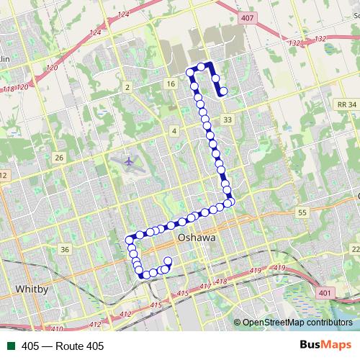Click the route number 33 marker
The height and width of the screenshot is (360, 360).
pos(228,119)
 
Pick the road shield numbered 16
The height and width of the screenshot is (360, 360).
pos(171,85)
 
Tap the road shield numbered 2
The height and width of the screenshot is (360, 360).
pos(127,87)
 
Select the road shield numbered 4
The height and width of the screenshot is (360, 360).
pos(174,130)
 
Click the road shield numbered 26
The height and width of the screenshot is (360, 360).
pos(59,158)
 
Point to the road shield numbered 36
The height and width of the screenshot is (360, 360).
pos(65,249)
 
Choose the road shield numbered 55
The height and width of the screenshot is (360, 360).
pos(302,212)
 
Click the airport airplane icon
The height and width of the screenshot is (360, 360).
pos(128,161)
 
